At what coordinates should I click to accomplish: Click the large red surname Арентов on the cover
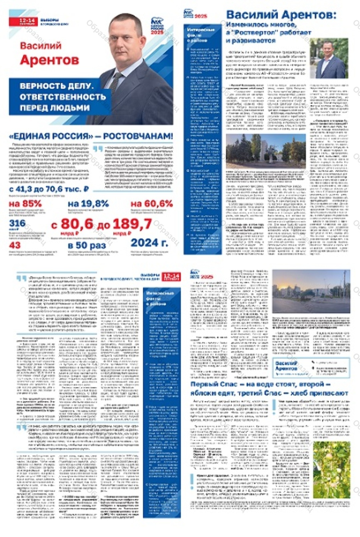pyautogui.click(x=49, y=60)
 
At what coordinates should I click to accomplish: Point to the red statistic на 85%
pyautogui.click(x=25, y=204)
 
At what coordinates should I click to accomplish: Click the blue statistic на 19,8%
pyautogui.click(x=88, y=204)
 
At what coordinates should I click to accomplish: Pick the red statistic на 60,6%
pyautogui.click(x=152, y=204)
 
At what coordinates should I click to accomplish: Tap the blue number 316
pyautogui.click(x=17, y=223)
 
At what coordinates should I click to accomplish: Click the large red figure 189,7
pyautogui.click(x=132, y=224)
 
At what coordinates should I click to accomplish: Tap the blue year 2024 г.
pyautogui.click(x=149, y=243)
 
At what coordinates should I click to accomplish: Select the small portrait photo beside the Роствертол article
pyautogui.click(x=329, y=58)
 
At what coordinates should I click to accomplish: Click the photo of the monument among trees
pyautogui.click(x=266, y=152)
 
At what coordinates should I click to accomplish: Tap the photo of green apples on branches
pyautogui.click(x=331, y=469)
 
